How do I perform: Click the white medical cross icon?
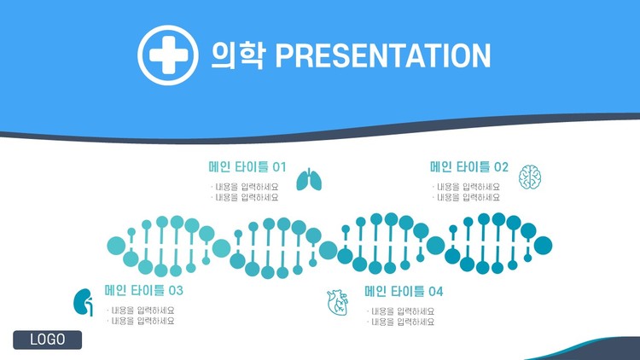click(x=168, y=55)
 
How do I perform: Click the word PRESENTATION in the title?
click(x=383, y=55)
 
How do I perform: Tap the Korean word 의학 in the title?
click(x=238, y=55)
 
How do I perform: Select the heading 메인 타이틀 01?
click(x=247, y=167)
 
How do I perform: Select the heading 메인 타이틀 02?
click(x=469, y=167)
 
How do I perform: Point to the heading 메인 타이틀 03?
click(x=143, y=291)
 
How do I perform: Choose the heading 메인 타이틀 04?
click(x=404, y=292)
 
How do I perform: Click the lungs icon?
click(x=309, y=179)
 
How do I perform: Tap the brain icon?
click(x=530, y=177)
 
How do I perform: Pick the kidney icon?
click(x=83, y=303)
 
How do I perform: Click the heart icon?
click(x=338, y=303)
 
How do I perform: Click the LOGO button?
click(x=47, y=340)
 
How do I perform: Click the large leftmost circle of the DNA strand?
click(x=116, y=246)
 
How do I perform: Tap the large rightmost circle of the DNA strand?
click(x=543, y=246)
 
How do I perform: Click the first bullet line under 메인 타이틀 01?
click(x=245, y=187)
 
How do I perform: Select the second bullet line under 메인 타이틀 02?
click(x=466, y=198)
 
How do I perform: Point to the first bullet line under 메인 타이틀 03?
click(x=141, y=311)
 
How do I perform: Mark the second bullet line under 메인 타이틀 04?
click(x=401, y=322)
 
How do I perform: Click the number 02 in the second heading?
click(x=501, y=167)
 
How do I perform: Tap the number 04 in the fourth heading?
click(x=436, y=292)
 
